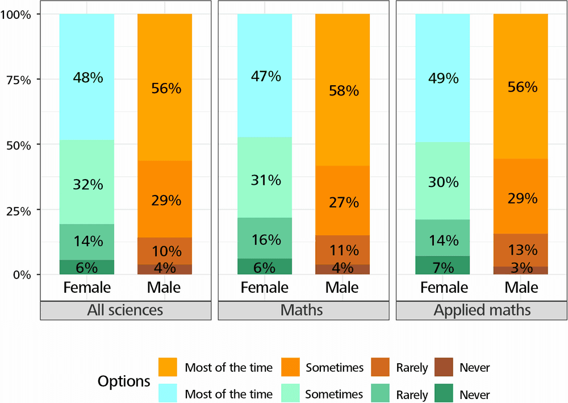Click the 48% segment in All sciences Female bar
pyautogui.click(x=87, y=77)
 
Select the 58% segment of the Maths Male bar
pyautogui.click(x=343, y=90)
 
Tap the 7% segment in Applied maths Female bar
pyautogui.click(x=443, y=265)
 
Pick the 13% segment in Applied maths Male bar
pyautogui.click(x=521, y=250)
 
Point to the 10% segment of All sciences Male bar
pyautogui.click(x=165, y=251)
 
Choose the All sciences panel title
pyautogui.click(x=125, y=310)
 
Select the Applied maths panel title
pyautogui.click(x=482, y=310)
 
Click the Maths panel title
pyautogui.click(x=303, y=310)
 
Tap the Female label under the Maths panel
pyautogui.click(x=265, y=287)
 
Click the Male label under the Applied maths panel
pyautogui.click(x=521, y=287)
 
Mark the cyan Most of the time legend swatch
pyautogui.click(x=168, y=393)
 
